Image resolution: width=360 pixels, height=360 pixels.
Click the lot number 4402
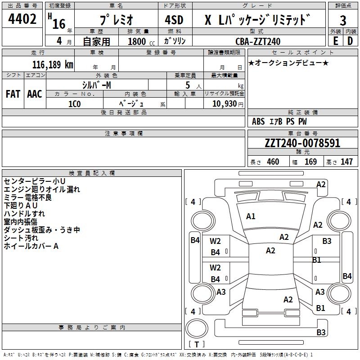[x=22, y=20]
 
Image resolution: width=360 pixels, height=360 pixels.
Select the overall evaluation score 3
[x=343, y=21]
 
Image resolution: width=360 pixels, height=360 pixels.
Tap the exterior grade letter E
[x=335, y=41]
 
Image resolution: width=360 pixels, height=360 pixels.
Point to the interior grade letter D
[x=350, y=41]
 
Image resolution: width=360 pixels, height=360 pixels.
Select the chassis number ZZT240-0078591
[x=302, y=143]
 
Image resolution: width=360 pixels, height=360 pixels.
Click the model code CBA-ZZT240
[x=258, y=41]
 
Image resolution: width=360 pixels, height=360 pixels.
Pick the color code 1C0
[x=74, y=103]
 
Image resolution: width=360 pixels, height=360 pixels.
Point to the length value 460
[x=273, y=162]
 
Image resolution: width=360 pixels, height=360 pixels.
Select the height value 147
[x=346, y=162]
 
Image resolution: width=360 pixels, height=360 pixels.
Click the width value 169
[x=310, y=162]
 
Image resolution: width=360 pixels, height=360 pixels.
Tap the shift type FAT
[x=13, y=94]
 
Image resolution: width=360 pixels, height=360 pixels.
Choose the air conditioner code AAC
[x=34, y=94]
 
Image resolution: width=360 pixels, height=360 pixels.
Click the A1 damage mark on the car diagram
[x=251, y=216]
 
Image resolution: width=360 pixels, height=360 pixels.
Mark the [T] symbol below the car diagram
[x=196, y=345]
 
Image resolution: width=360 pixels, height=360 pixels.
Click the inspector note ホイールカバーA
[x=31, y=246]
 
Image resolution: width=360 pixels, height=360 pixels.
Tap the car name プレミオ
[x=116, y=21]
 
